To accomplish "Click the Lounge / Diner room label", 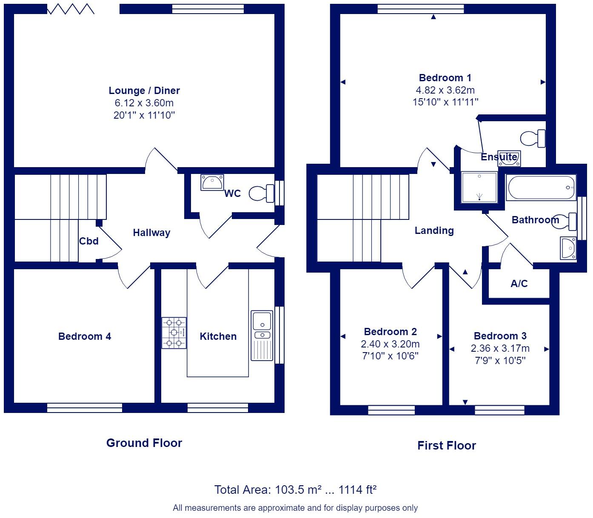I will click(144, 91).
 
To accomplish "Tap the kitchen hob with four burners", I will click(174, 333).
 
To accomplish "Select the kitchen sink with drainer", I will click(262, 335).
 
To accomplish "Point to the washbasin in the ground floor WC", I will click(212, 182).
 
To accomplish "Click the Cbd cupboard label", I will click(89, 241).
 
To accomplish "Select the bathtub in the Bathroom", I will click(541, 188).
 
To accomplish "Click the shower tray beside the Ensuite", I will click(479, 187).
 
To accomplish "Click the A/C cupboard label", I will click(519, 284).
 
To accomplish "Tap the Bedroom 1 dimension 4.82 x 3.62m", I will click(445, 90).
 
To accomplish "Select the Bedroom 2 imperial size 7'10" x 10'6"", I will click(390, 356).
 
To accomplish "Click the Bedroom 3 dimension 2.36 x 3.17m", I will click(500, 349).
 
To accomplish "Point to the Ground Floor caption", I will click(144, 443).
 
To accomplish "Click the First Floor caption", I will click(446, 446).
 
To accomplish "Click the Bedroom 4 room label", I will click(85, 336).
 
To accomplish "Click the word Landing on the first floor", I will click(434, 231).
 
